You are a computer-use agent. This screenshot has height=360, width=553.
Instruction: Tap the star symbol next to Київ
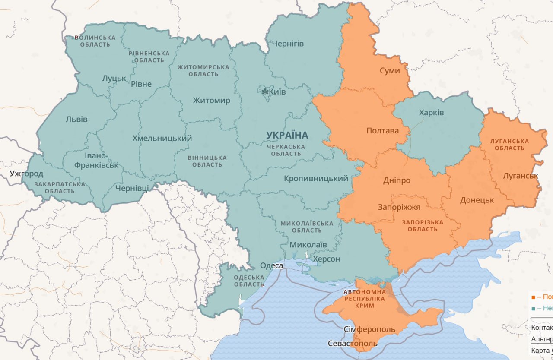click(x=264, y=92)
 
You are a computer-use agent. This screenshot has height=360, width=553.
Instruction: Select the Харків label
click(x=431, y=113)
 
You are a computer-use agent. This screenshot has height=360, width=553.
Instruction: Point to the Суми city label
click(x=390, y=70)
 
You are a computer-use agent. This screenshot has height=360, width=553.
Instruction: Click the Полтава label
click(x=382, y=131)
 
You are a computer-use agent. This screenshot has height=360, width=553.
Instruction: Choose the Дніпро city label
click(x=397, y=180)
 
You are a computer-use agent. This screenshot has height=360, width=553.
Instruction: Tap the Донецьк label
click(x=477, y=200)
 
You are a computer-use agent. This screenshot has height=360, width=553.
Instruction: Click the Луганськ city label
click(x=521, y=176)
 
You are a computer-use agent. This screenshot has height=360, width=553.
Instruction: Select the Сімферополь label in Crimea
click(x=369, y=330)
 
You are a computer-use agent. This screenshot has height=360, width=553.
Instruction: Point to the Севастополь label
click(x=353, y=344)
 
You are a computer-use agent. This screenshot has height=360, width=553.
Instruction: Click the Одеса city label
click(x=272, y=265)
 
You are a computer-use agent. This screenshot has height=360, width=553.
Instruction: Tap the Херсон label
click(x=326, y=259)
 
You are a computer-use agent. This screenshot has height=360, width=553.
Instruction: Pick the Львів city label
click(x=76, y=119)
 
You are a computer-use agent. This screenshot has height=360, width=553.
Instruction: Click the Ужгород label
click(x=27, y=174)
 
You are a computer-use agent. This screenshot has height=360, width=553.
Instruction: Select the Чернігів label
click(x=288, y=44)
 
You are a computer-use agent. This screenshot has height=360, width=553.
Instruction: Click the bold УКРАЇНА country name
click(x=287, y=135)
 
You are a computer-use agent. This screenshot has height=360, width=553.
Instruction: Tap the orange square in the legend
click(x=533, y=297)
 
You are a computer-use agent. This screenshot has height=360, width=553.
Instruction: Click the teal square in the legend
click(x=533, y=308)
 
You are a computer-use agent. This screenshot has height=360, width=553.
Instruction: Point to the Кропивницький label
click(x=316, y=178)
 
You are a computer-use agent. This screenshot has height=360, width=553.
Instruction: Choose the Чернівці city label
click(x=132, y=188)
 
